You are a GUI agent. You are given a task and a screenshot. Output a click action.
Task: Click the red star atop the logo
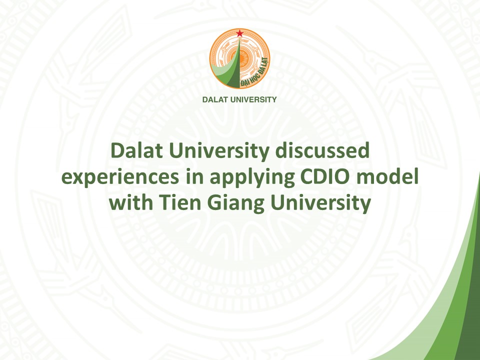pos(239,33)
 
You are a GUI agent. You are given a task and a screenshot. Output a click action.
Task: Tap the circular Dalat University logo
pos(239,58)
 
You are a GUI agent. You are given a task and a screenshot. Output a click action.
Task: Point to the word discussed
pos(322,150)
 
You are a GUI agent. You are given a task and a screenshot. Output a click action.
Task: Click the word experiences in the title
pos(120,177)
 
